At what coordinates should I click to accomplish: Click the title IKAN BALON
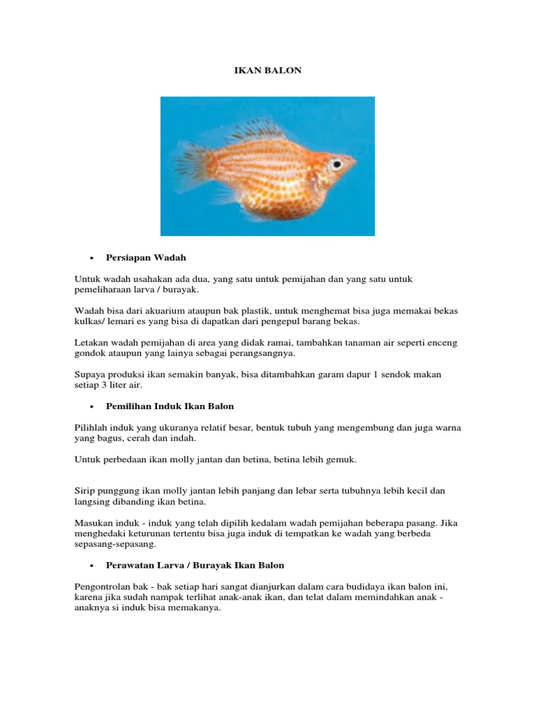click(x=267, y=71)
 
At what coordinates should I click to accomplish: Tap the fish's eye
click(x=336, y=165)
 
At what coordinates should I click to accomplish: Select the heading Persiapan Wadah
click(x=146, y=258)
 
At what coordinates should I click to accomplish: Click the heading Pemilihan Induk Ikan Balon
click(x=170, y=406)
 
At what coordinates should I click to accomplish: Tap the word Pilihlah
click(x=91, y=427)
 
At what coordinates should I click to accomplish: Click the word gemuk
click(x=343, y=459)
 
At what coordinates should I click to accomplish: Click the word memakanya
click(x=199, y=607)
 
